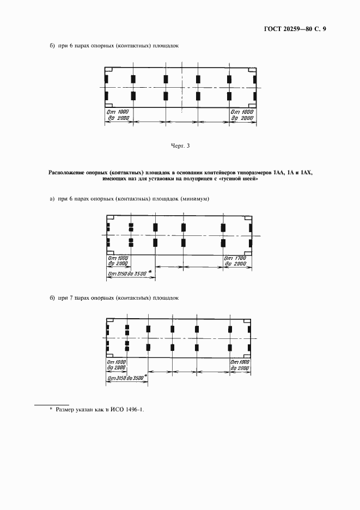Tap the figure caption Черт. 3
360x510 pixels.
pyautogui.click(x=180, y=145)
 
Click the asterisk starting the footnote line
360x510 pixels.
pyautogui.click(x=51, y=409)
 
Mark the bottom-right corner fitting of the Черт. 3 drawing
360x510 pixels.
pyautogui.click(x=252, y=105)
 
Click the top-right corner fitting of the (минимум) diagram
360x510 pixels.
pyautogui.click(x=248, y=218)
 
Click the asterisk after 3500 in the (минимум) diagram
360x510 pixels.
pyautogui.click(x=150, y=270)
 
